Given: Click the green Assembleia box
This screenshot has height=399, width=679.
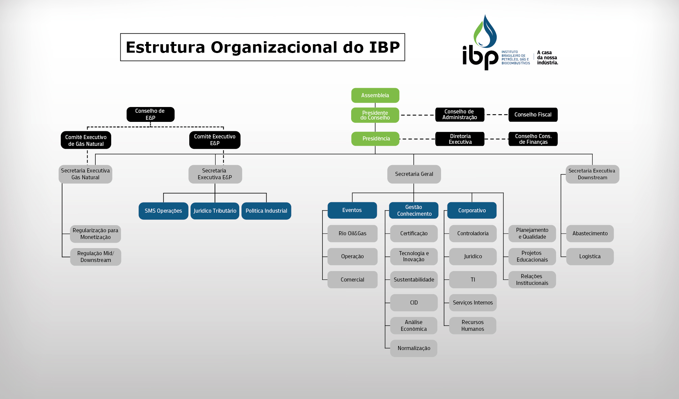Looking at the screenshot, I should point(375,95).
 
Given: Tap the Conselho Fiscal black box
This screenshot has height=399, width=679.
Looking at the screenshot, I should point(533,115).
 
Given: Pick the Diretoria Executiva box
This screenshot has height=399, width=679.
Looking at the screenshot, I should point(460,139).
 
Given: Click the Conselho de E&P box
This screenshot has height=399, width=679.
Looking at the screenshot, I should point(150,114).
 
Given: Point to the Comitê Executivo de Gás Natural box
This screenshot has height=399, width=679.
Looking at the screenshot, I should point(86,140).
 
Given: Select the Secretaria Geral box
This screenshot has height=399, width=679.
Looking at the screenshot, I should point(414,174).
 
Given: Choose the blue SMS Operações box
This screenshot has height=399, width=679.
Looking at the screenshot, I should point(163,211).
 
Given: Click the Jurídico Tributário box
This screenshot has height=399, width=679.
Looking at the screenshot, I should point(215,211).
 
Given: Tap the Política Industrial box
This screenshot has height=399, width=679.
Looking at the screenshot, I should point(266,211).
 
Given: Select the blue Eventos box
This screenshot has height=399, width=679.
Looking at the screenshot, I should point(352,210).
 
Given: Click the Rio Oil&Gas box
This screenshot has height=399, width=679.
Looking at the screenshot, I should point(352,234).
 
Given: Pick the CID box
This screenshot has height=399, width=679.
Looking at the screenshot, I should point(414,303).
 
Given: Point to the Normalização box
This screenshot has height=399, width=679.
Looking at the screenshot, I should point(414,348).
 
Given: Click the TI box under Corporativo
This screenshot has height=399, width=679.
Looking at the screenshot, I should point(472,280).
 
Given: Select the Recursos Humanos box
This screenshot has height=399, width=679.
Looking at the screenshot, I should point(472,326).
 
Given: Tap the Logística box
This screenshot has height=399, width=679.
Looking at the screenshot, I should point(590,257).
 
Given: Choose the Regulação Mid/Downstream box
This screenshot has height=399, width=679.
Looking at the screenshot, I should point(96,257).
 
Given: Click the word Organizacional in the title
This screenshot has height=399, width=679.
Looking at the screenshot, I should point(274,47).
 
